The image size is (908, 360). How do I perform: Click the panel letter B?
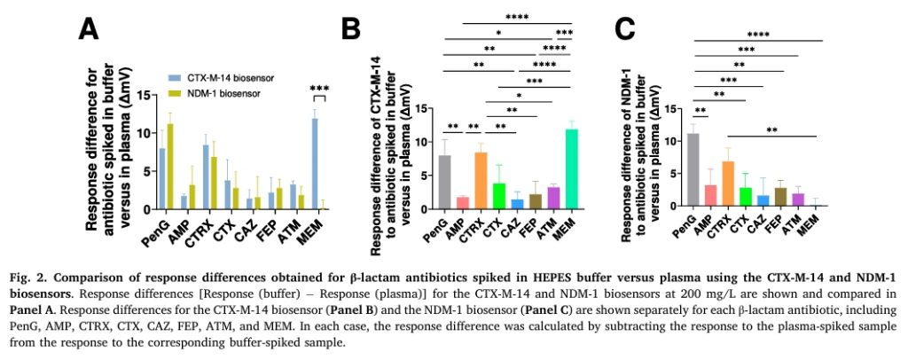[x=351, y=28]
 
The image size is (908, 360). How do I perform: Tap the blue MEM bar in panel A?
[x=315, y=164]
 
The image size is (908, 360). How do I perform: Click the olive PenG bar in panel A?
[x=170, y=166]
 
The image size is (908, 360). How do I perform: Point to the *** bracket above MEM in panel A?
[x=319, y=98]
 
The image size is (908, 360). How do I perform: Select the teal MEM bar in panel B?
[x=572, y=169]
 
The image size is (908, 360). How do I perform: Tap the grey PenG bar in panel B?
[x=446, y=183]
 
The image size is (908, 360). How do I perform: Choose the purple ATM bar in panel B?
[x=554, y=198]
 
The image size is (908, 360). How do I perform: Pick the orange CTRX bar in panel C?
[x=728, y=184]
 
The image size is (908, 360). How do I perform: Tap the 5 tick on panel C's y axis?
[x=675, y=174]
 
